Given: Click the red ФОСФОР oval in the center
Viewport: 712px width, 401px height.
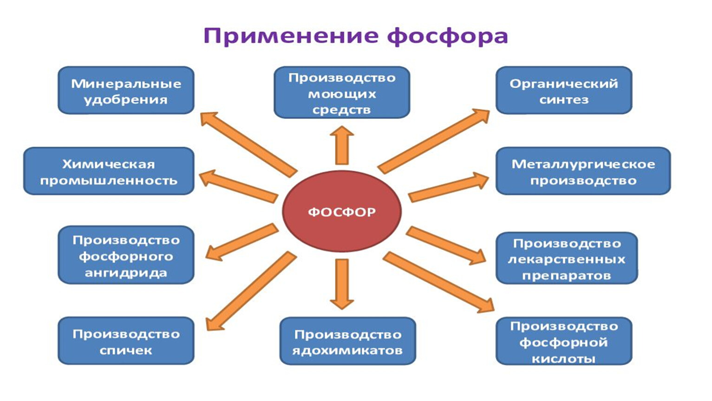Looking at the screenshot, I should [x=342, y=212].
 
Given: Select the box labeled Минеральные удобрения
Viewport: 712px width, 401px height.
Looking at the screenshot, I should [x=126, y=91].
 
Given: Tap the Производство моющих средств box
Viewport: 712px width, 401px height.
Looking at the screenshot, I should [x=342, y=93].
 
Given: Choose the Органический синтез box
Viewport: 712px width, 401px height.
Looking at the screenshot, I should [x=564, y=91].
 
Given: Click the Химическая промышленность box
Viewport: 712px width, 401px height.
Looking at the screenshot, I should [x=109, y=171].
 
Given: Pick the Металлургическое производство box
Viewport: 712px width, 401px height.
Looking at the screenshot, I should [x=583, y=171].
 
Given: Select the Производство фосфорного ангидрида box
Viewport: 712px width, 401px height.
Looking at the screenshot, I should [x=126, y=255].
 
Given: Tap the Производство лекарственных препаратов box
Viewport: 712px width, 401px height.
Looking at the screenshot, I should [x=567, y=258].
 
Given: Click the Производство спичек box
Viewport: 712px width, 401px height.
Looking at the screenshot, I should [x=126, y=341].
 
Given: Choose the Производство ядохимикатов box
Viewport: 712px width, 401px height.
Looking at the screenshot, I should [x=347, y=341].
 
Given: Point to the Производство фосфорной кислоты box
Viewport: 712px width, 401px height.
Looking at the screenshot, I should [x=564, y=341].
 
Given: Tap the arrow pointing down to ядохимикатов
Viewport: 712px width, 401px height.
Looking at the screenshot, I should [x=342, y=283].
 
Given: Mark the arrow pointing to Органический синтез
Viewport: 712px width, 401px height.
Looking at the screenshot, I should [x=434, y=140].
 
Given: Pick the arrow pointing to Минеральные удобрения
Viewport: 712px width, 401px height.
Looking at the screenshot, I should [x=248, y=144].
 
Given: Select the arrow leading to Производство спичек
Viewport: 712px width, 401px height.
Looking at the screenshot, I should [x=251, y=291].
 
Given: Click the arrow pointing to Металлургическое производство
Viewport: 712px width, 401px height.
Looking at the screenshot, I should [x=448, y=187].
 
